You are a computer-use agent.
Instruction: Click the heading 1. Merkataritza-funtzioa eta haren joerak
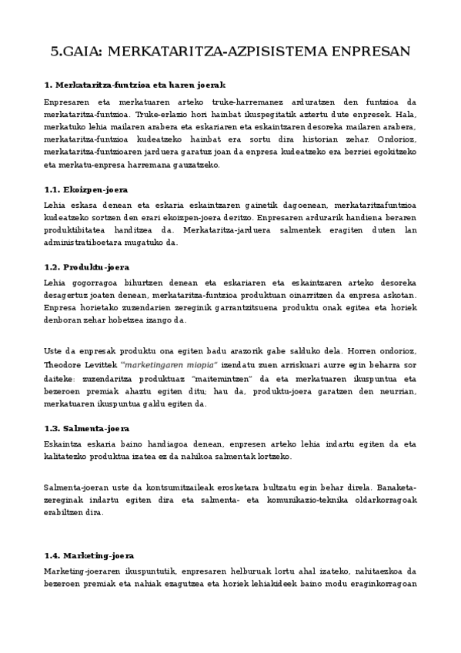[x=135, y=85]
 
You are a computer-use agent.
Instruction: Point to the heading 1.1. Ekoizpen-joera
[x=86, y=189]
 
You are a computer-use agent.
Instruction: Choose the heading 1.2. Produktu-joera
[x=86, y=267]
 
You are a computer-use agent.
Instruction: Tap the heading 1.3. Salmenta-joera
[x=87, y=428]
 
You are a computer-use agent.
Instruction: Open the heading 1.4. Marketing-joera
[x=90, y=555]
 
